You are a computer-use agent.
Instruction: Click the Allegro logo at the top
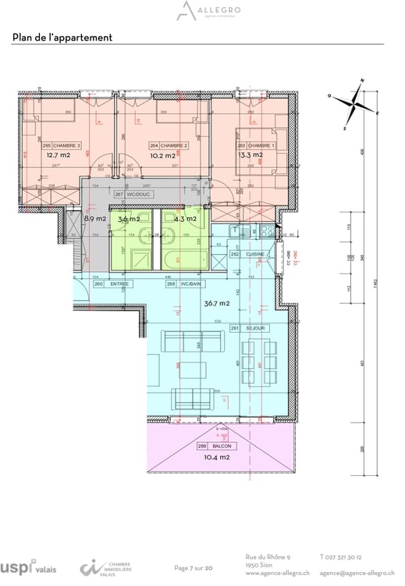[x=202, y=11]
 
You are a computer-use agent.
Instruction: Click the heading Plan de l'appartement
[x=62, y=38]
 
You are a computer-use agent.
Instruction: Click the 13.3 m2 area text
[x=249, y=155]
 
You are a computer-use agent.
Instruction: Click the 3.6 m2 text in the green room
[x=128, y=220]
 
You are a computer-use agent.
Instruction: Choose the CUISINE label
[x=250, y=255]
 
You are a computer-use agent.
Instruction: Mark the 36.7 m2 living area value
[x=217, y=303]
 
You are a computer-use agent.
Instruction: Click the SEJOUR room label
[x=253, y=329]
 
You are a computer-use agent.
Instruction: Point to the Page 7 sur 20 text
[x=194, y=568]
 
